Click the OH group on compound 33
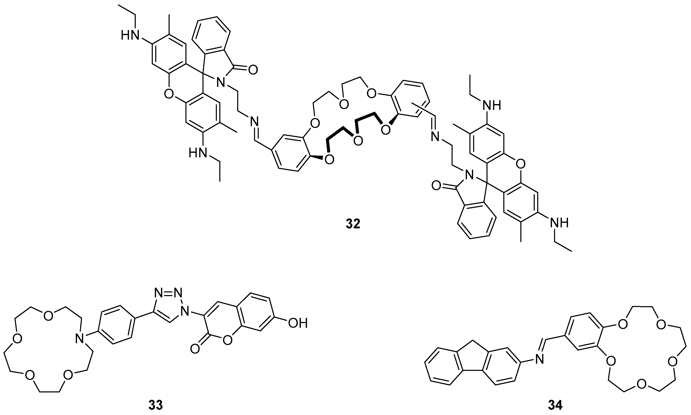point(298,324)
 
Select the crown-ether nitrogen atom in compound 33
point(80,339)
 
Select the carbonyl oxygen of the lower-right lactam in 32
point(437,185)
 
